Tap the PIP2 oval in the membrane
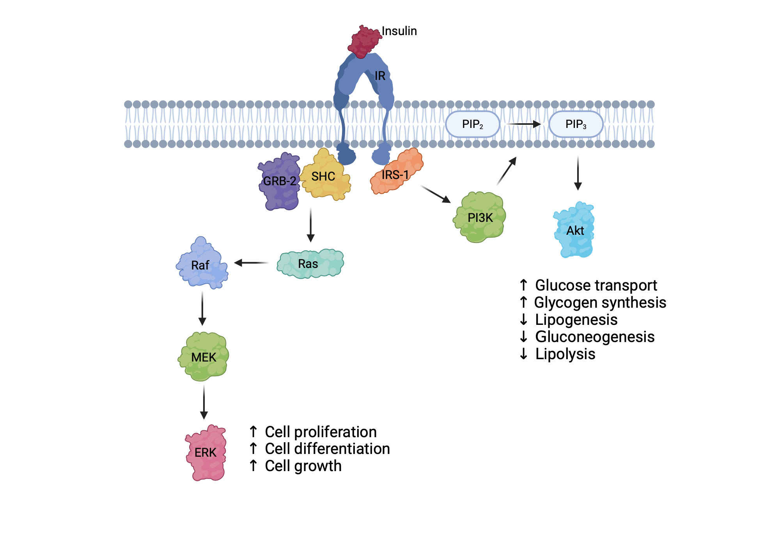point(472,124)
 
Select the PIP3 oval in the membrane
point(576,124)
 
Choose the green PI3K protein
point(480,217)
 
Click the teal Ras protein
point(310,264)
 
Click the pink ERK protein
point(206,452)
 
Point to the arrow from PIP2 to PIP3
point(523,124)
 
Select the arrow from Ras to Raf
point(252,263)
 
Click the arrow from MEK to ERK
point(204,402)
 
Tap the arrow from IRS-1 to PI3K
point(435,194)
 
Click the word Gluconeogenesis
point(594,337)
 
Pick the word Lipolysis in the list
point(565,354)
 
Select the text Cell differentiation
point(327,449)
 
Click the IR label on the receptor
point(379,76)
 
